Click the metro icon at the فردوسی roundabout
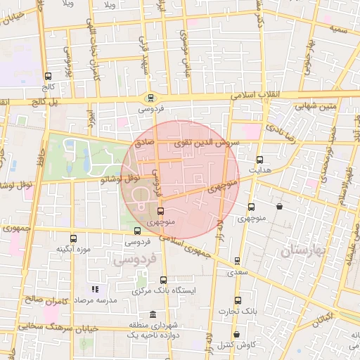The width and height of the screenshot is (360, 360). (x=149, y=98)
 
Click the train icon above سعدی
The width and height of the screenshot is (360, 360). (x=238, y=261)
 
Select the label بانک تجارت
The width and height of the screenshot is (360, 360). (x=238, y=310)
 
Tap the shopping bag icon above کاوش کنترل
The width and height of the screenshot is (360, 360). (x=236, y=334)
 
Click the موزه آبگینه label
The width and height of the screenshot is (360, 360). (x=72, y=249)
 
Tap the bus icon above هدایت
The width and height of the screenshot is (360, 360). (x=260, y=160)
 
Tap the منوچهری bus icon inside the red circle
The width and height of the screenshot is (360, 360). (x=161, y=211)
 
